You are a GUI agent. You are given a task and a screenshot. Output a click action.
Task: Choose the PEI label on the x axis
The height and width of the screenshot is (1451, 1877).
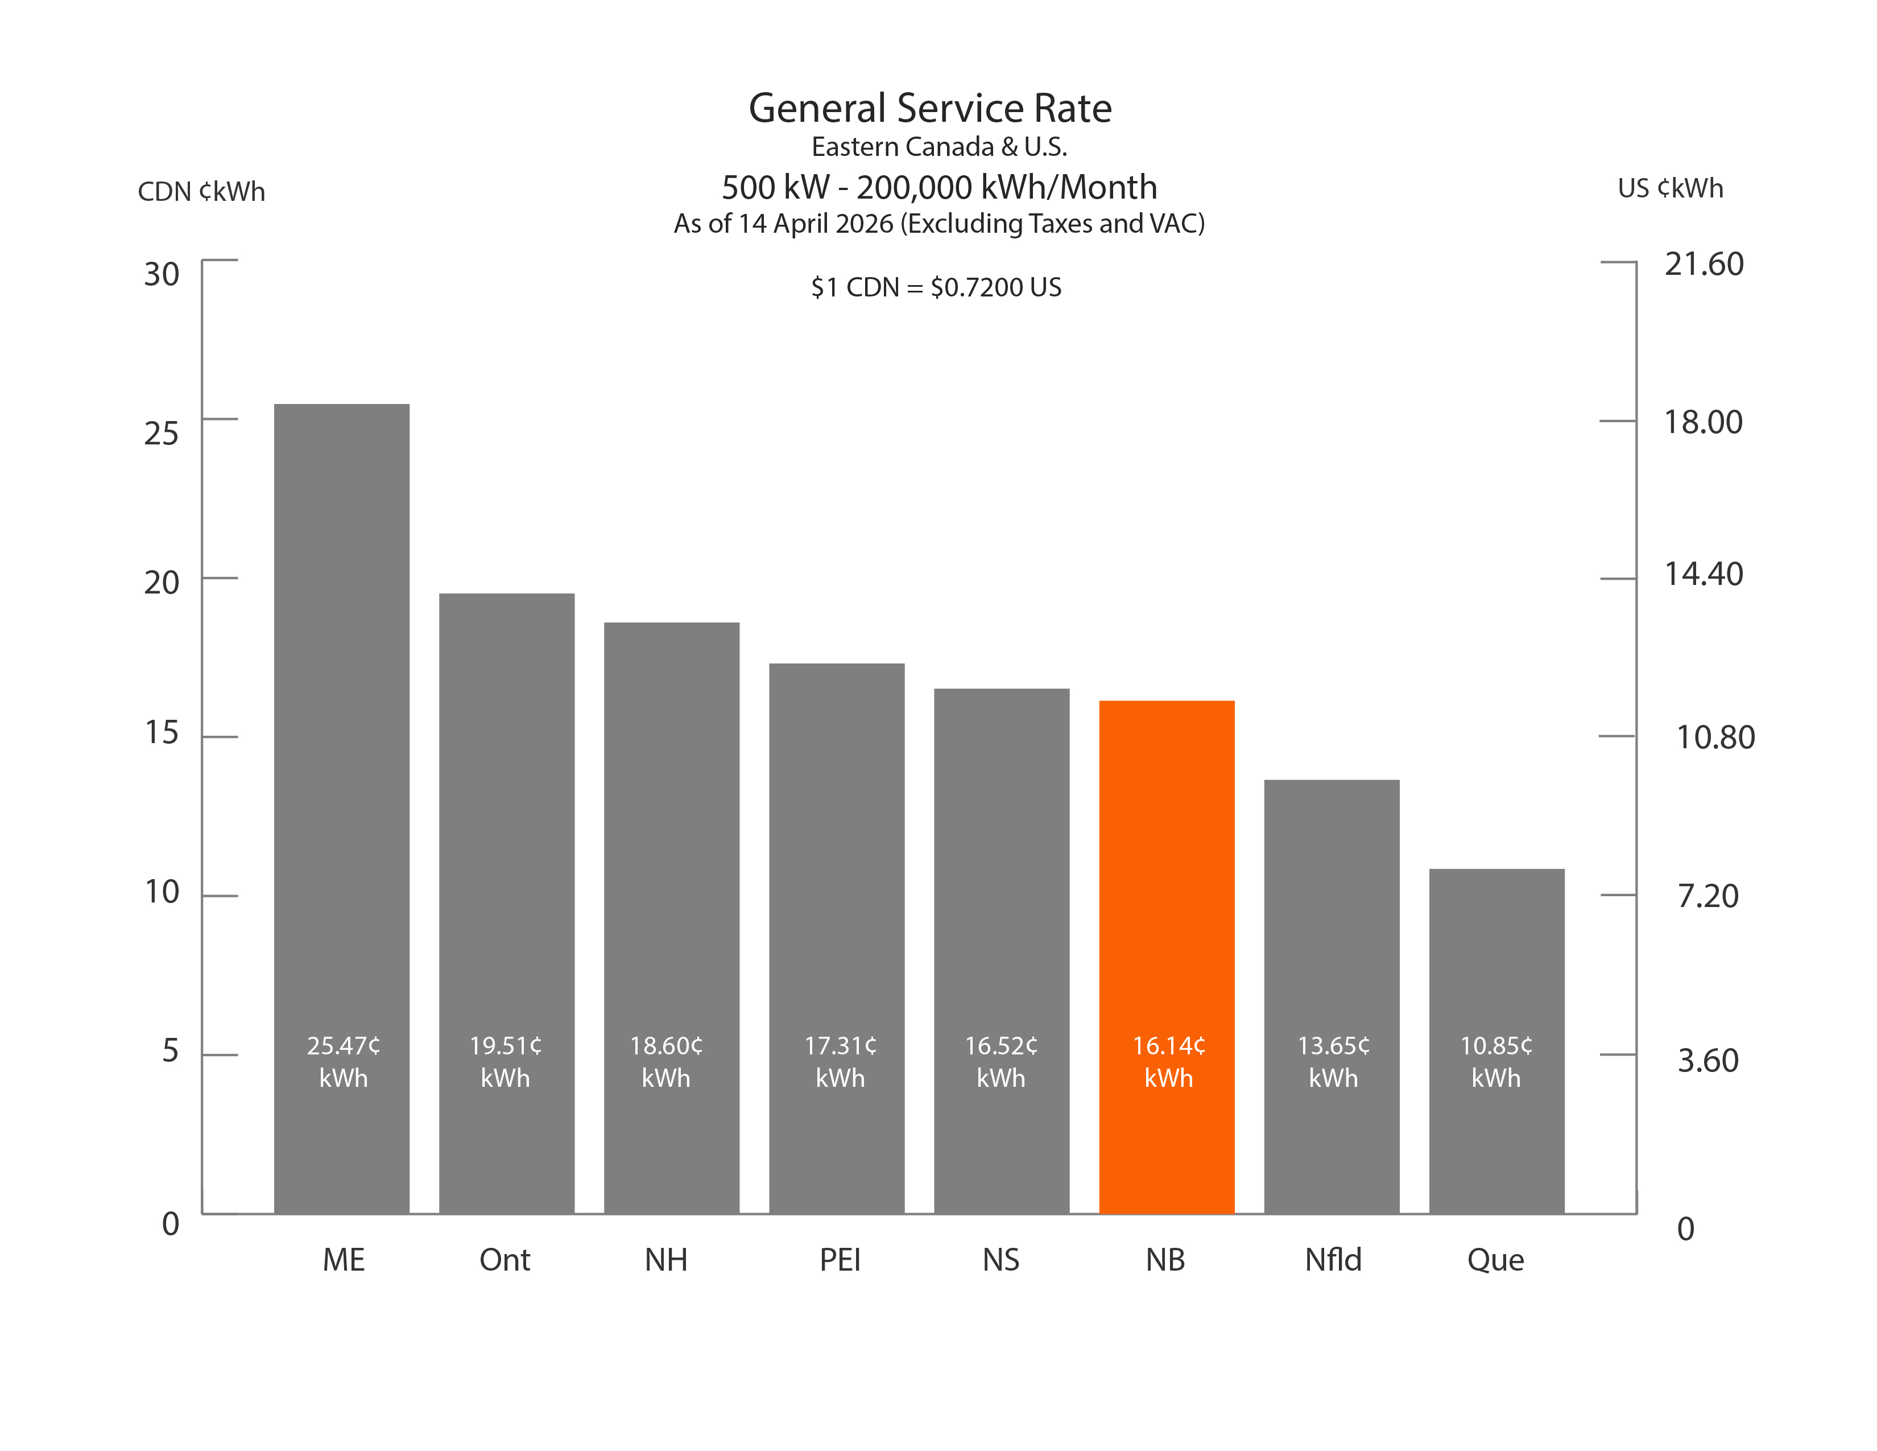[840, 1260]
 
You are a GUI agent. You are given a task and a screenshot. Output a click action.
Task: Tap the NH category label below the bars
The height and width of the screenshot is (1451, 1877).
[666, 1260]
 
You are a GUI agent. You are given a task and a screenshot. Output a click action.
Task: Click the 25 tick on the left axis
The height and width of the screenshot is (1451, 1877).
[162, 433]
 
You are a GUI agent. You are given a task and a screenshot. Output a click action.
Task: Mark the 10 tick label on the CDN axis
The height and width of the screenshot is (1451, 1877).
[162, 892]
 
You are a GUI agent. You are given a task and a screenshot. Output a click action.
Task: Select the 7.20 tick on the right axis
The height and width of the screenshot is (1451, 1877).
[1708, 896]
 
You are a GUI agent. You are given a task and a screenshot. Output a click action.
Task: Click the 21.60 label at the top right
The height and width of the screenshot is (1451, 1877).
[1704, 264]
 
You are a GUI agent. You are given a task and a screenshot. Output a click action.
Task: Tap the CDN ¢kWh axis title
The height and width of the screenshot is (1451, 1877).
[201, 191]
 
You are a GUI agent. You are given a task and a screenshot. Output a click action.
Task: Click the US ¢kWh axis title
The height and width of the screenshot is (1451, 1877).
[1670, 188]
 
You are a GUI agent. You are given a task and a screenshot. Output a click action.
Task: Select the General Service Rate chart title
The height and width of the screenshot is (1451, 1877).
[930, 108]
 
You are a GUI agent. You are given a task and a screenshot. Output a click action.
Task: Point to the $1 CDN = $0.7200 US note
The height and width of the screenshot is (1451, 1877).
[936, 287]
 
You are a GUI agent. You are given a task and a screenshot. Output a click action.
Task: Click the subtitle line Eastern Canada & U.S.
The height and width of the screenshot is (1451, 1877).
[939, 147]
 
